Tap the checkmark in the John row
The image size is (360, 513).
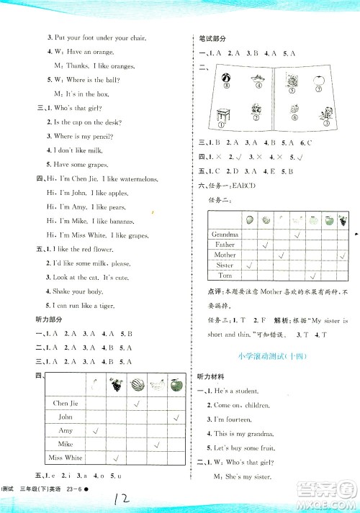pyautogui.click(x=175, y=417)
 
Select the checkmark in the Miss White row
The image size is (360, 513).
pyautogui.click(x=116, y=458)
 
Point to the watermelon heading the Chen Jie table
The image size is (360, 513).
pyautogui.click(x=137, y=384)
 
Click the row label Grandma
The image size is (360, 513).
pyautogui.click(x=225, y=235)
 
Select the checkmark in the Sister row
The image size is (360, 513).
pyautogui.click(x=249, y=265)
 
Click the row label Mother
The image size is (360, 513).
pyautogui.click(x=225, y=255)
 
